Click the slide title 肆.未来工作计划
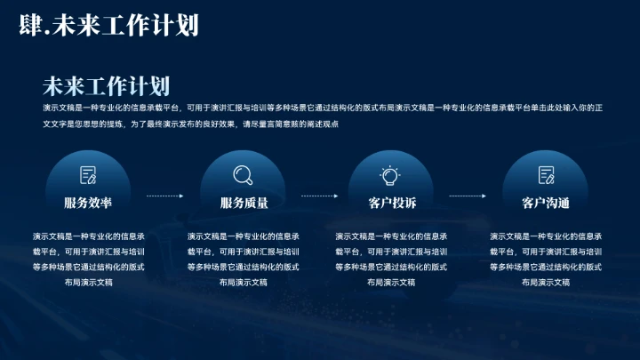[x=108, y=26]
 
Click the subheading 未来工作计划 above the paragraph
[x=106, y=85]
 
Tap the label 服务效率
[x=88, y=204]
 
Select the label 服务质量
[x=244, y=204]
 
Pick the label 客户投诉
[x=391, y=204]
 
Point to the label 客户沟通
[x=546, y=204]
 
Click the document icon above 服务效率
[x=88, y=175]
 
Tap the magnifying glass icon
[x=243, y=175]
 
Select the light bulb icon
[x=391, y=175]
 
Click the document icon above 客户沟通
[x=546, y=175]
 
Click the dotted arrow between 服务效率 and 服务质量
[x=165, y=195]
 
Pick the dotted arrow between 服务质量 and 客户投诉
[x=320, y=195]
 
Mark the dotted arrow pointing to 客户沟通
[x=468, y=195]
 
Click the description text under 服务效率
[x=88, y=259]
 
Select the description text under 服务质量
[x=244, y=259]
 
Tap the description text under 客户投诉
[x=391, y=259]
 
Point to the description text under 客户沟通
[x=546, y=259]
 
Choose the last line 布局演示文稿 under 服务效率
[x=88, y=282]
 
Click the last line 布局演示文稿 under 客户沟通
[x=546, y=282]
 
